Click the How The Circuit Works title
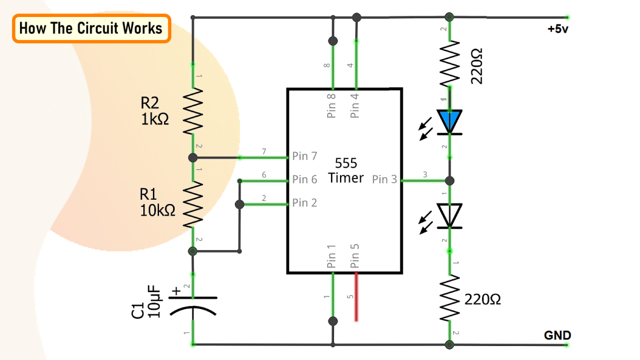coord(91,29)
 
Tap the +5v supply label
coord(557,29)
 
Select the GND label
coord(557,336)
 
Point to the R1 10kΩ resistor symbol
coord(192,203)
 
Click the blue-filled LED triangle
coord(450,121)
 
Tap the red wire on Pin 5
coord(356,297)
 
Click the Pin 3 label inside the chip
coord(384,180)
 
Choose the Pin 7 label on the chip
coord(304,156)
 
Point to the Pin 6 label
coord(304,180)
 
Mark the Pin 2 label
coord(304,203)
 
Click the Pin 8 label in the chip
coord(332,104)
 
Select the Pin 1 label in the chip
coord(332,256)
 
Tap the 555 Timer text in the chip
coord(346,171)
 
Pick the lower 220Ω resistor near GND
coord(450,299)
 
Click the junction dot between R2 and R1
coord(192,158)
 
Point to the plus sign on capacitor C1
coord(177,291)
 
